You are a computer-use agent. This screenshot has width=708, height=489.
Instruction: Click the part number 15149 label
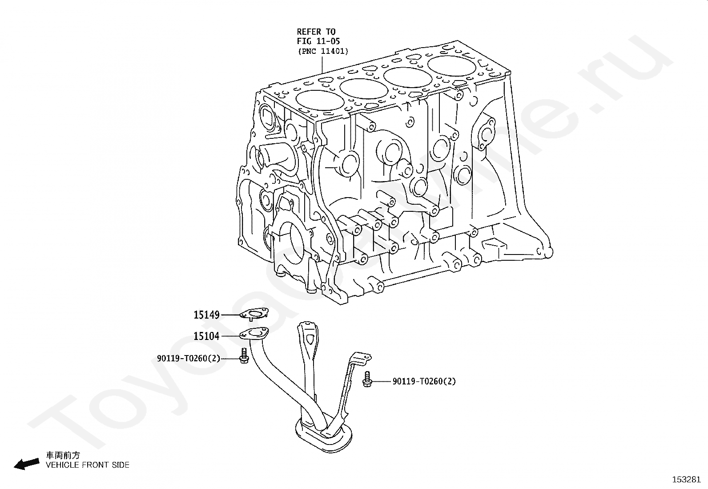(x=206, y=315)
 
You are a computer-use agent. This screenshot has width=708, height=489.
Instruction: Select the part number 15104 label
(x=206, y=336)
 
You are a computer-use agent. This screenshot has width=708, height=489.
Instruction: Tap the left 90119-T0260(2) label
(x=189, y=358)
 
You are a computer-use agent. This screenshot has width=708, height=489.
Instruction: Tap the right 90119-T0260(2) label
(x=424, y=381)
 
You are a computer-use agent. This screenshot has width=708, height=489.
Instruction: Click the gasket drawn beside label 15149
(x=254, y=314)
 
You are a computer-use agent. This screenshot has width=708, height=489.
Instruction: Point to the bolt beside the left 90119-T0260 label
(x=243, y=357)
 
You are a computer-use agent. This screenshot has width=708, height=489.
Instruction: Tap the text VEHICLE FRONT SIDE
(x=88, y=465)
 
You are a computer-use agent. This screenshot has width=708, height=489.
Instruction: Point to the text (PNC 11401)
(x=323, y=51)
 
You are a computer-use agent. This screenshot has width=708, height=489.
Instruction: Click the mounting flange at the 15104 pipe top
(x=255, y=334)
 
